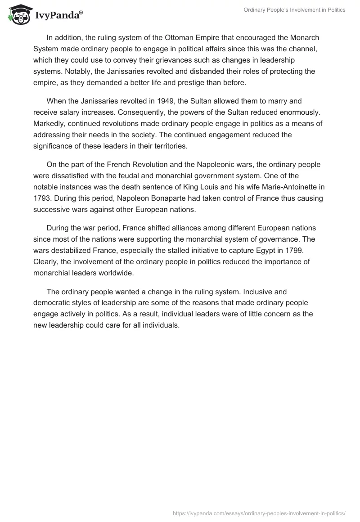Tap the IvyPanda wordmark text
(x=58, y=15)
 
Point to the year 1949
(x=162, y=102)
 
